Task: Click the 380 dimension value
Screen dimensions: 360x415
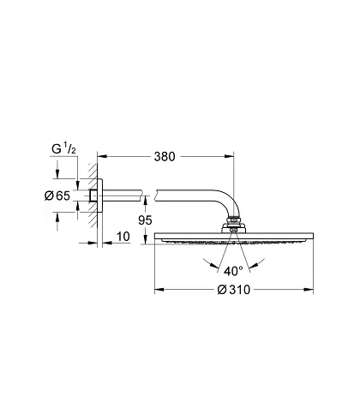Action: [x=165, y=157]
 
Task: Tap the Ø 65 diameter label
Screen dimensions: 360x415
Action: [x=57, y=195]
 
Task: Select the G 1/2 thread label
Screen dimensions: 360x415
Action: [x=63, y=149]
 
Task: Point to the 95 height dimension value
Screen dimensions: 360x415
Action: [x=145, y=220]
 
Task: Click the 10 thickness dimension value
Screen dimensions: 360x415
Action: [x=123, y=237]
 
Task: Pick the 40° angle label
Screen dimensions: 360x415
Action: [x=233, y=271]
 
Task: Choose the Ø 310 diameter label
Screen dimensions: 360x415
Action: [x=234, y=290]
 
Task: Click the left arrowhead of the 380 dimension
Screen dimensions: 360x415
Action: [x=102, y=156]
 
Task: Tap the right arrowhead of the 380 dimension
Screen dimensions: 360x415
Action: [x=229, y=156]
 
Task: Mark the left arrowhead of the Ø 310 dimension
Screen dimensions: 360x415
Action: [x=159, y=290]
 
